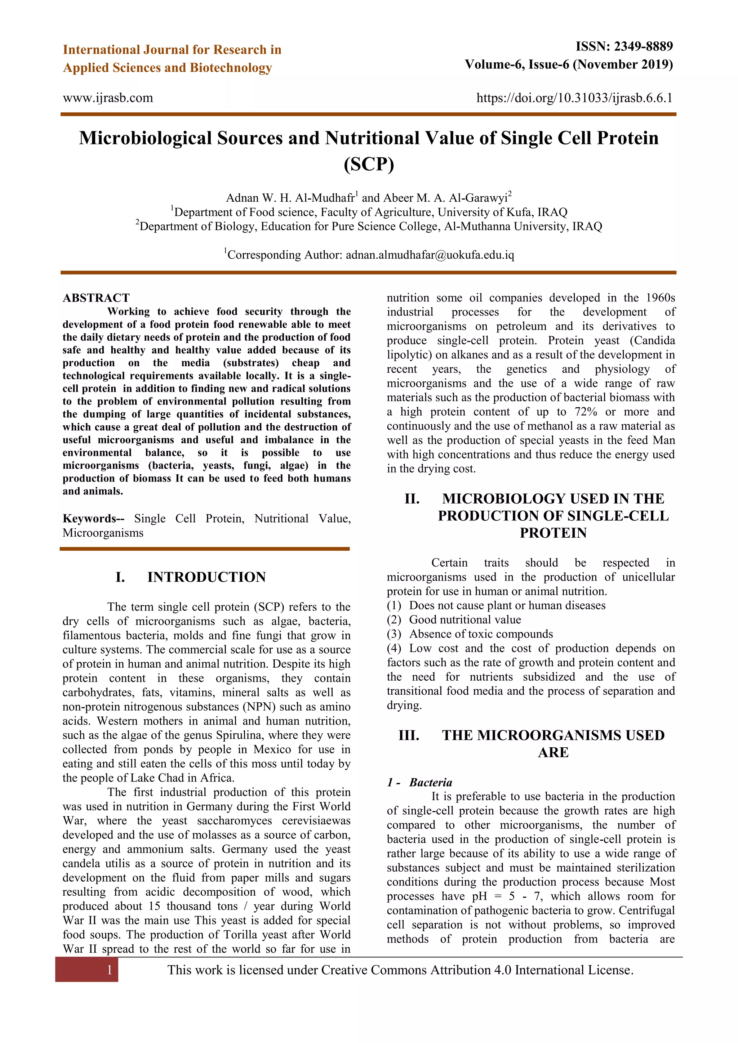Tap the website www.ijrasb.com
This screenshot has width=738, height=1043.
pos(108,98)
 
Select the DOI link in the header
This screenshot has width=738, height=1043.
pos(574,98)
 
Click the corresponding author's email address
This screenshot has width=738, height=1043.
pos(430,255)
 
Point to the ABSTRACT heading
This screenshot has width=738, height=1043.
pos(96,298)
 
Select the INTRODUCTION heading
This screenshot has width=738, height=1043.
pos(206,577)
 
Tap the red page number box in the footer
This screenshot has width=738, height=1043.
pos(87,970)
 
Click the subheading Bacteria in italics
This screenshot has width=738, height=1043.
pos(430,782)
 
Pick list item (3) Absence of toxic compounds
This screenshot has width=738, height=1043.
pos(470,634)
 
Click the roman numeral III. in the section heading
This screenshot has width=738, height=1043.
pos(409,735)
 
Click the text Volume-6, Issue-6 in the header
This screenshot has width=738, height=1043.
pos(517,65)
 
